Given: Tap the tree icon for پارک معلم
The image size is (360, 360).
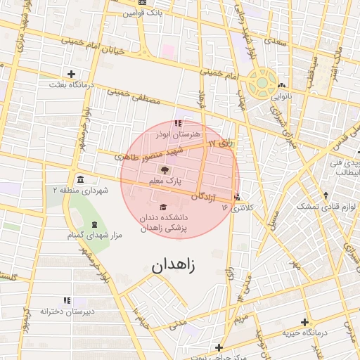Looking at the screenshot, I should [x=165, y=170].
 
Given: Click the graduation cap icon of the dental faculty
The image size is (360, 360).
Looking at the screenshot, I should [x=164, y=207].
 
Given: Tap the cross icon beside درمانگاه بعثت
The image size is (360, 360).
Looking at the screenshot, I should [x=71, y=74].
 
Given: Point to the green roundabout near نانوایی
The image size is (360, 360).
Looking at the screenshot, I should [x=262, y=82].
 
